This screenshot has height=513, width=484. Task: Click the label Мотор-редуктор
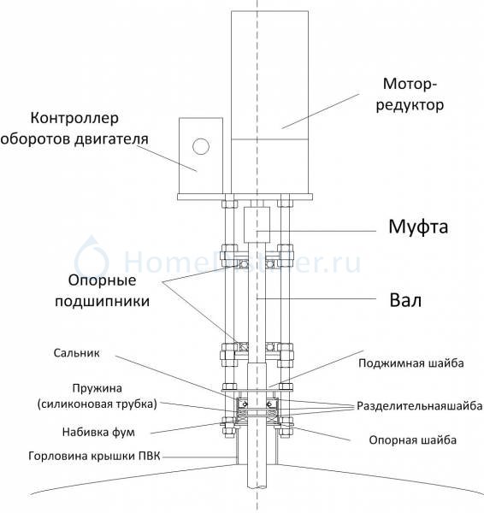[x=410, y=95]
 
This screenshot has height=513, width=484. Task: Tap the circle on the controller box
[x=201, y=146]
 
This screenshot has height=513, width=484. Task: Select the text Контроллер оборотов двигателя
[x=74, y=128]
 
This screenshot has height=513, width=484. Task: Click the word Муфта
[x=418, y=227]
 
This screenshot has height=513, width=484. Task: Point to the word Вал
[x=405, y=300]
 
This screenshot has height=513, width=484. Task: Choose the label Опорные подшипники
[x=102, y=291]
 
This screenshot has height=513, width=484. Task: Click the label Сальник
[x=77, y=353]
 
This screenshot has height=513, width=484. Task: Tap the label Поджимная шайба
[x=410, y=363]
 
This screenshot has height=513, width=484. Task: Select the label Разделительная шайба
[x=420, y=406]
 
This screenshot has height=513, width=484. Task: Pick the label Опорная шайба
[x=413, y=440]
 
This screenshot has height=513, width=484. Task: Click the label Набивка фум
[x=98, y=432]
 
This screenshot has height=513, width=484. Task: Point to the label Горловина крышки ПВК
[x=94, y=456]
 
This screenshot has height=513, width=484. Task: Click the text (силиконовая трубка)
[x=97, y=404]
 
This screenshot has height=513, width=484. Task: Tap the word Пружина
[x=97, y=388]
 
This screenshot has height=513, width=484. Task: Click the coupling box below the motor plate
[x=257, y=224]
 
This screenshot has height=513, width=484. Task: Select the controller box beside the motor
[x=201, y=156]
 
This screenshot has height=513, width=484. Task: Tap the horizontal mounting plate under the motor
[x=245, y=197]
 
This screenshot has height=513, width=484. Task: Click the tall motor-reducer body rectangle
[x=269, y=102]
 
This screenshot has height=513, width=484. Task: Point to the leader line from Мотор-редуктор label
[x=321, y=111]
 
